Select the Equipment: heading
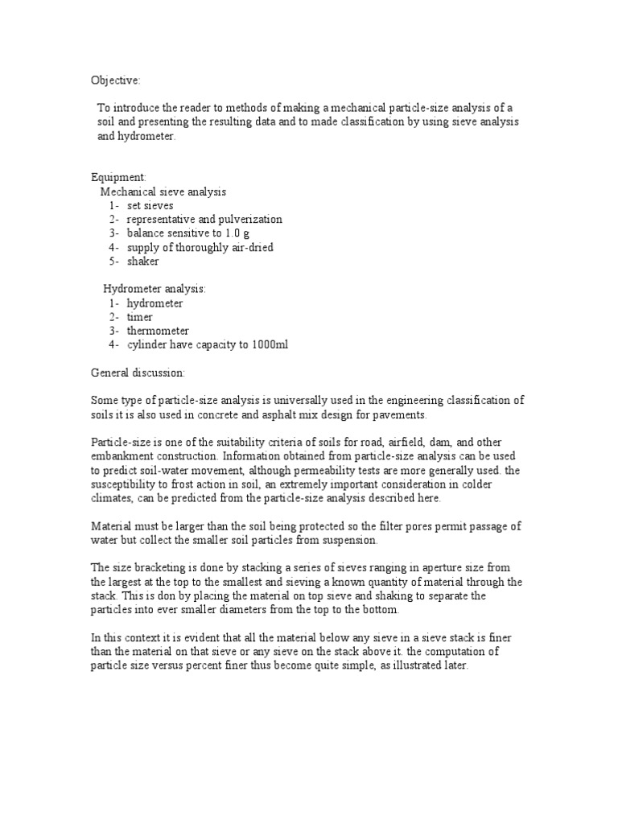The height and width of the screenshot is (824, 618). (x=115, y=178)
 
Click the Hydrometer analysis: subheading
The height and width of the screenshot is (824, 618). (x=154, y=289)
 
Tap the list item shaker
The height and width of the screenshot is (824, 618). (x=142, y=262)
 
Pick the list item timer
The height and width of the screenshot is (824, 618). (x=140, y=317)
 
